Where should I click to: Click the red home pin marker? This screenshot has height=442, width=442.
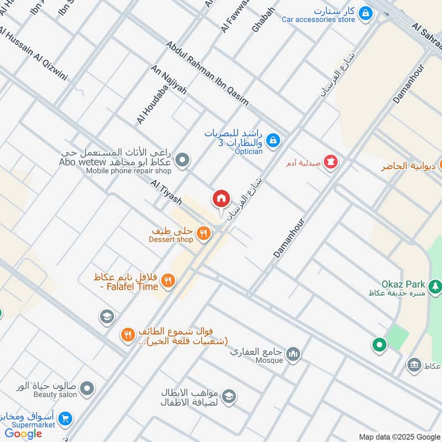(222, 198)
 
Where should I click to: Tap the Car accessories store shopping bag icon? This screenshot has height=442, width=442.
(365, 13)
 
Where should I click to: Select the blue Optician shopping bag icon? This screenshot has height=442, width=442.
(272, 141)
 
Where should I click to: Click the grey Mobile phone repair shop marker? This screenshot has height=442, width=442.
(182, 161)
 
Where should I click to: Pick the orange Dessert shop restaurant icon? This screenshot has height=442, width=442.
(204, 234)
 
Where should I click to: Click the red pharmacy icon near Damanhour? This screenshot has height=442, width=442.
(330, 162)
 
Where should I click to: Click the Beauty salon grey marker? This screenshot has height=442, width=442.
(86, 389)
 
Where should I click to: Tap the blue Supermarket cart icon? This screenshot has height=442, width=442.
(65, 419)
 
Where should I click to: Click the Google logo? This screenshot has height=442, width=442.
(24, 434)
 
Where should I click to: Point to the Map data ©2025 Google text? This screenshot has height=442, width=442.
(398, 436)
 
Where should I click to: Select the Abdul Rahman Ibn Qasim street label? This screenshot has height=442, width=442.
(207, 73)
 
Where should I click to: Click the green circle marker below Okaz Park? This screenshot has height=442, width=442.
(379, 345)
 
